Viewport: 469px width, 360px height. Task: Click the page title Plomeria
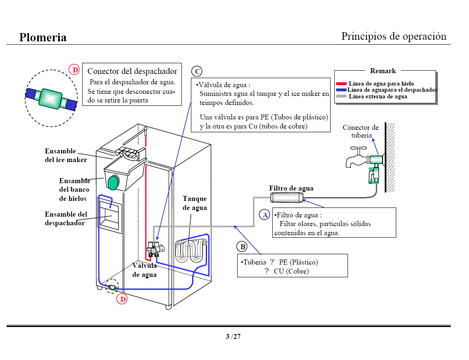[x=43, y=38]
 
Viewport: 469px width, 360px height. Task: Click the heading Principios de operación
[x=393, y=36]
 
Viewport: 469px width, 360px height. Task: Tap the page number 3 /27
[x=233, y=336]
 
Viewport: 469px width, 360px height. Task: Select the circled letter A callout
[x=264, y=215]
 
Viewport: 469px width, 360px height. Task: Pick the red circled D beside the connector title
[x=74, y=70]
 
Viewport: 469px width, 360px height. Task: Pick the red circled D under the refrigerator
[x=122, y=299]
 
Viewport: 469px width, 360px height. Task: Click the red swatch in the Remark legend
[x=341, y=83]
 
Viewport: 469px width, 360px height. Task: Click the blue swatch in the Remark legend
[x=341, y=90]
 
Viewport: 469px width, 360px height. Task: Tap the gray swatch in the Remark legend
[x=341, y=96]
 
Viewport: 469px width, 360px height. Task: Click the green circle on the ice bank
[x=113, y=182]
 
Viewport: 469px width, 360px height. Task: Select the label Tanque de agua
[x=195, y=203]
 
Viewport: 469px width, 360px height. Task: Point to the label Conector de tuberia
[x=361, y=131]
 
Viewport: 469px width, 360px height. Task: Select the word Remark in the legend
[x=383, y=71]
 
